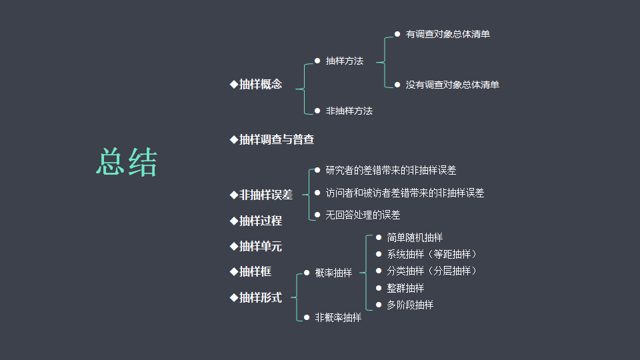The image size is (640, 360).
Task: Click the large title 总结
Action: click(x=127, y=163)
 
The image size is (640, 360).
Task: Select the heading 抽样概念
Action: click(x=260, y=85)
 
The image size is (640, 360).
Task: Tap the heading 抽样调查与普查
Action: click(x=276, y=139)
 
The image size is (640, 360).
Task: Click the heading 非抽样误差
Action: click(x=265, y=195)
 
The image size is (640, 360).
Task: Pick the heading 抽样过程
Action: click(x=260, y=221)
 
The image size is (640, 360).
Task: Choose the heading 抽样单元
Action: click(x=260, y=246)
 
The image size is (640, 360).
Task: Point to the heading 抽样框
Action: click(x=255, y=271)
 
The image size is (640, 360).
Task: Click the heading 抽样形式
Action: click(x=260, y=297)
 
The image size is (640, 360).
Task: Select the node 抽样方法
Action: click(x=344, y=61)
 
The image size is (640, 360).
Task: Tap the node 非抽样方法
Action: click(x=349, y=111)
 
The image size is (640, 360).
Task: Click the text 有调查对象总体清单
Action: click(x=447, y=34)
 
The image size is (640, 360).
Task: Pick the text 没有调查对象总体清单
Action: click(x=452, y=85)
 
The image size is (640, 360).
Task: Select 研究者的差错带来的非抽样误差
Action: click(x=391, y=171)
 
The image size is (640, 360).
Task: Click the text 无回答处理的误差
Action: click(x=363, y=215)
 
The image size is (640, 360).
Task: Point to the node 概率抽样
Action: click(x=333, y=273)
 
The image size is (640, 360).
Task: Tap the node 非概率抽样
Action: click(x=338, y=318)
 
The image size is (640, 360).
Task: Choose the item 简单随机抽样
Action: click(x=415, y=237)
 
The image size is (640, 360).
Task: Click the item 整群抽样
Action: click(x=405, y=288)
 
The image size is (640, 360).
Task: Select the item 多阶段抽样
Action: click(x=410, y=305)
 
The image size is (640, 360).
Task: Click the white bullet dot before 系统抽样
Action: click(x=379, y=254)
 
